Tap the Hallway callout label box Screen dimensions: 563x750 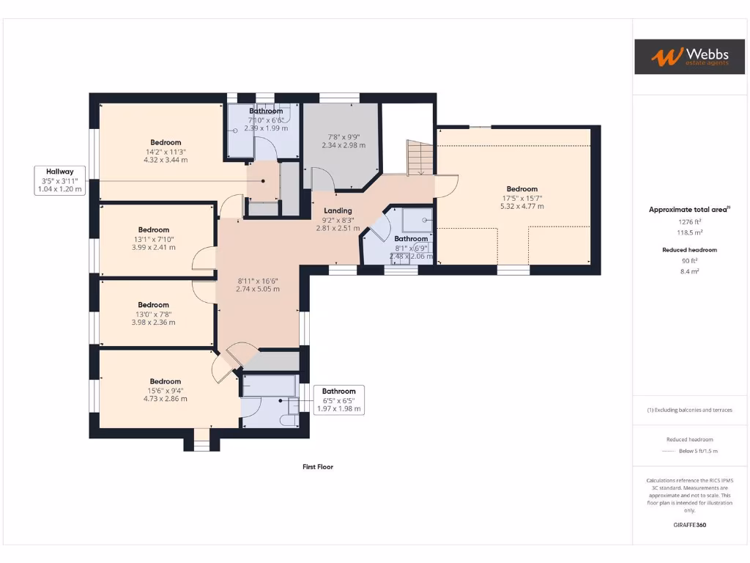60,180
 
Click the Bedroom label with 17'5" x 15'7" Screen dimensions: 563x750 521,189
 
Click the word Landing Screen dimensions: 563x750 338,211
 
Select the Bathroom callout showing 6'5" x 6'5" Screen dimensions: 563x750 338,400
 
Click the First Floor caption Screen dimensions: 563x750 318,466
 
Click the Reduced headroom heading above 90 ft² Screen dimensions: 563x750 688,250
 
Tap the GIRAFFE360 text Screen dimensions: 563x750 689,525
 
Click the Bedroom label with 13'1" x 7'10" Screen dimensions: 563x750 154,229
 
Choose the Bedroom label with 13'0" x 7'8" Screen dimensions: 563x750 153,304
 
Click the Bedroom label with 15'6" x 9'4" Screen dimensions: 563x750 166,381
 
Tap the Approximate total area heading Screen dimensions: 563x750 688,210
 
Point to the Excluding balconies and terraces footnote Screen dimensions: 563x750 689,410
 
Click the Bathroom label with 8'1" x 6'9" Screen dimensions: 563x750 411,238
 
